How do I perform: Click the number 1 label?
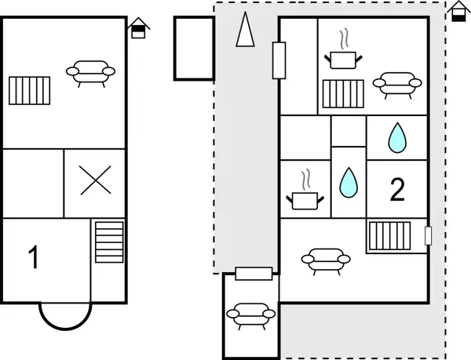click(34, 257)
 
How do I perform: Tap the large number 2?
click(397, 189)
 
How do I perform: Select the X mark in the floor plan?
click(96, 180)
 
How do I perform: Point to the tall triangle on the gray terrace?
click(246, 29)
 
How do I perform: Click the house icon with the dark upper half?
click(138, 28)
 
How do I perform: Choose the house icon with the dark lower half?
click(458, 11)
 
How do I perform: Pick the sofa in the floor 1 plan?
click(90, 74)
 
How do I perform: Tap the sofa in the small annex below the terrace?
click(251, 316)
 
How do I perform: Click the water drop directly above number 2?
click(397, 138)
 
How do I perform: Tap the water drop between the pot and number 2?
click(349, 183)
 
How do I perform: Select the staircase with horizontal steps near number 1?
click(109, 242)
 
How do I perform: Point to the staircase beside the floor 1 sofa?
click(30, 91)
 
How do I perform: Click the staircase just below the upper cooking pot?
click(343, 93)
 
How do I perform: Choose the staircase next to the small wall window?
click(389, 236)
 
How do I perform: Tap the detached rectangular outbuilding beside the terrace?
click(194, 49)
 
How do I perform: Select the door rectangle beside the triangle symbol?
click(279, 60)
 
